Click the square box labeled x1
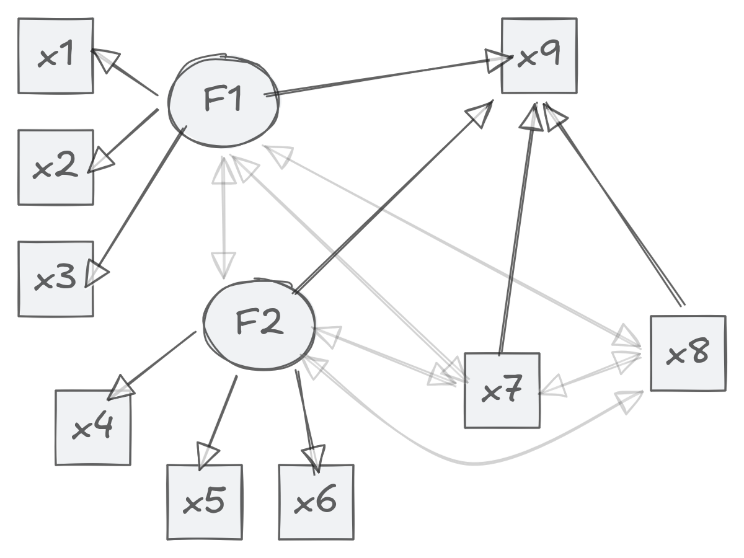[56, 56]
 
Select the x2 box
[56, 167]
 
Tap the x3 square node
[56, 279]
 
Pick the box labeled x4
[93, 428]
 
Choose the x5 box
[205, 502]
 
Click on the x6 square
[316, 502]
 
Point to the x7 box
[502, 391]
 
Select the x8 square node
[688, 353]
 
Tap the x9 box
[539, 56]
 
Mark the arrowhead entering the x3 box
[96, 273]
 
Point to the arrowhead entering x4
[122, 388]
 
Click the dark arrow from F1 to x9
[384, 77]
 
